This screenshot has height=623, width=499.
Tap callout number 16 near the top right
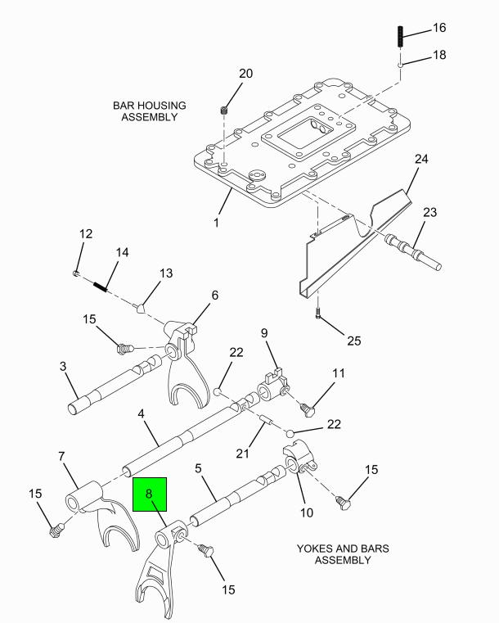point(439,28)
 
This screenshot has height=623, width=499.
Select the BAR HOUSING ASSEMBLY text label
point(150,111)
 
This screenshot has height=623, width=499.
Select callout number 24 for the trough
point(421,158)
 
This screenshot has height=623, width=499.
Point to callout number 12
point(86,234)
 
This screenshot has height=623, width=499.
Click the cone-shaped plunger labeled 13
point(142,308)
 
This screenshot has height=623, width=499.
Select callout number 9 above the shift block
point(264,333)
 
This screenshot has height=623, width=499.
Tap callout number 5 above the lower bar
point(197,469)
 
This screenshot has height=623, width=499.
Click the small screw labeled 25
point(318,315)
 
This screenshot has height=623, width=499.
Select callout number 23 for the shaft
point(430,213)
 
